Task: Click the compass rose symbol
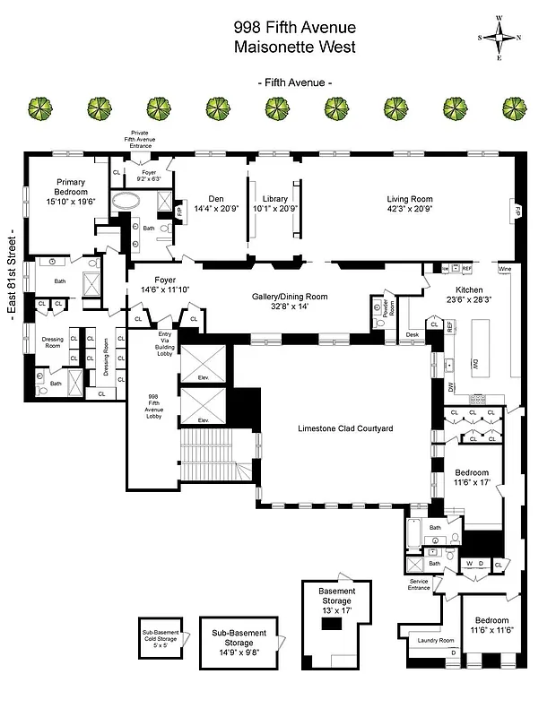(504, 37)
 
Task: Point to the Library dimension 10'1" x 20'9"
(274, 209)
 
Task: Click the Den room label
(215, 199)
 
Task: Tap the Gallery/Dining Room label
(288, 297)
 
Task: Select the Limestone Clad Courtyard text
(345, 428)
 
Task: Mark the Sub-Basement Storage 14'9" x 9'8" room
(239, 637)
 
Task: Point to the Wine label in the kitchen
(504, 268)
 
